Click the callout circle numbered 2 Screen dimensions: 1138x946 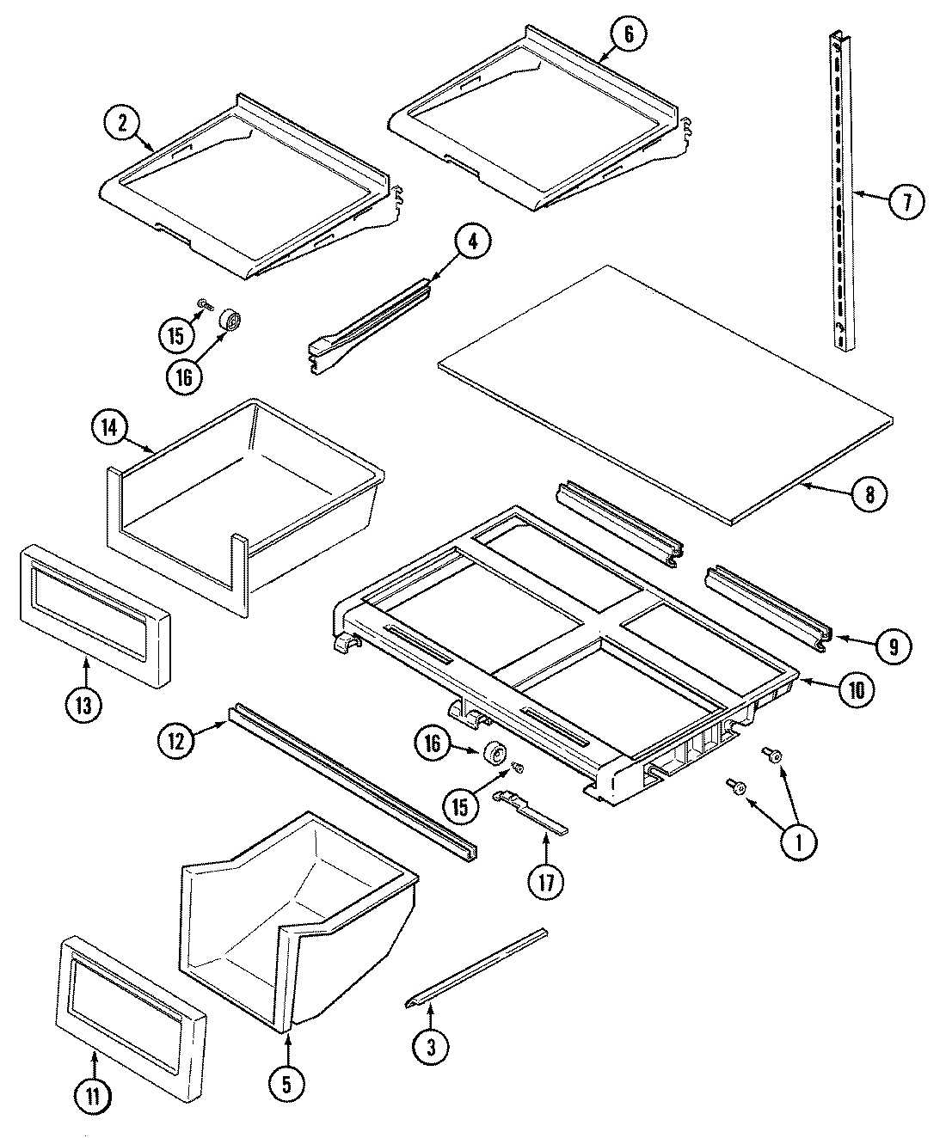click(123, 122)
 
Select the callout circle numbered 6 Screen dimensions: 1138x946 click(628, 34)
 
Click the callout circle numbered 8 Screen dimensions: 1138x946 click(869, 493)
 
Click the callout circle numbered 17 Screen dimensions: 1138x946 click(547, 881)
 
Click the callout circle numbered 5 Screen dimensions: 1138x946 click(286, 1086)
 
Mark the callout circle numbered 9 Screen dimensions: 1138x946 click(894, 646)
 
